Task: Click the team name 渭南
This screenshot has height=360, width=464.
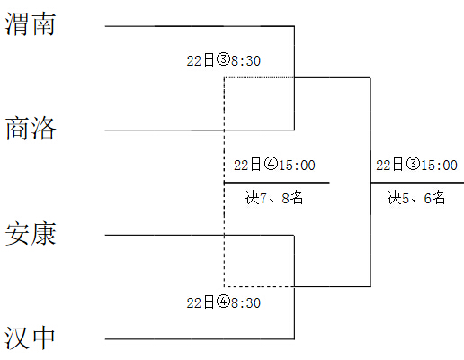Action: coord(31,24)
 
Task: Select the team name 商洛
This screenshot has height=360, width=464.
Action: coord(31,129)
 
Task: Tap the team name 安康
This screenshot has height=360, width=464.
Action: coord(31,234)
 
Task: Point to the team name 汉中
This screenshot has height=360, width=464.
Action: coord(30,337)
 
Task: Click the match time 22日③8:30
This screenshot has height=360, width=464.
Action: coord(224,60)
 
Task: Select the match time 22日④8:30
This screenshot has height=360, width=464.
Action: coord(224,302)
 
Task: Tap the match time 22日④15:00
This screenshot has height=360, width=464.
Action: coord(274,165)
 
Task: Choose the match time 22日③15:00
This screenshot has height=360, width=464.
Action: coord(417,165)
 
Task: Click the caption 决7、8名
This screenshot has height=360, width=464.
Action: coord(274,198)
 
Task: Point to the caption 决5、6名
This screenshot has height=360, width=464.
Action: coord(416,198)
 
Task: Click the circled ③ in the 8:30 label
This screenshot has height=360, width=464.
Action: coord(223,59)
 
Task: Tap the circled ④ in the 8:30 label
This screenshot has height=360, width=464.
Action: coord(223,301)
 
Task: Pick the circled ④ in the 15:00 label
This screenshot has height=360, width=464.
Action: coord(272,164)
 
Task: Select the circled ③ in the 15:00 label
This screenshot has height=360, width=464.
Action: coord(414,164)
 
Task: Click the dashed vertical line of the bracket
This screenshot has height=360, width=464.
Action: coord(224,182)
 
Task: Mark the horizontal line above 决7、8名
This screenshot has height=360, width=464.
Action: coord(277,183)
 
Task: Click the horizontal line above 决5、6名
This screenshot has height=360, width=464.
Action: coord(417,183)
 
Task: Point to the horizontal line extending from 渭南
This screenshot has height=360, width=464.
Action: coord(200,26)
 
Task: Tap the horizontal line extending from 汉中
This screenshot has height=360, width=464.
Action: coord(200,339)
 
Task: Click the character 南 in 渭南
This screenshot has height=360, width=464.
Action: coord(44,24)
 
